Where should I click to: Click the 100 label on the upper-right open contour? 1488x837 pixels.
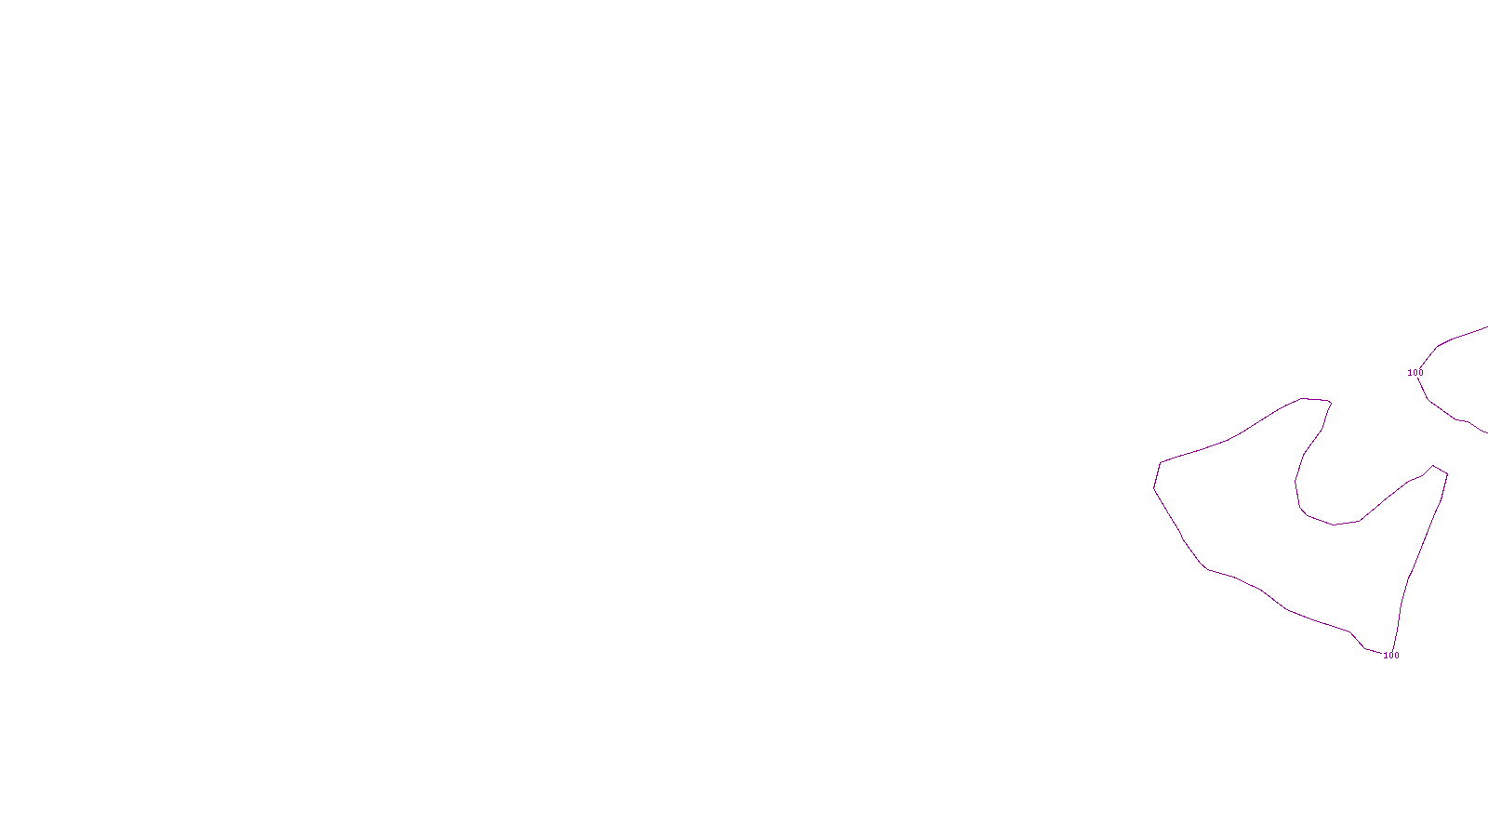[1415, 373]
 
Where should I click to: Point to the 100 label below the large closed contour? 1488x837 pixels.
[1391, 656]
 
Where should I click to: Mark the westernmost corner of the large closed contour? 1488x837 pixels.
[1154, 488]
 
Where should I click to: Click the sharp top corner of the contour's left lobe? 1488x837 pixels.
[1331, 402]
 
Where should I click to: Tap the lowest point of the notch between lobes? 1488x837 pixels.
[1335, 525]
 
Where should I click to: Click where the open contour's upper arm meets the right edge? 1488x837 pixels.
[1486, 327]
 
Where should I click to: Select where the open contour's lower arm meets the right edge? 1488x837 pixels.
[1486, 432]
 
